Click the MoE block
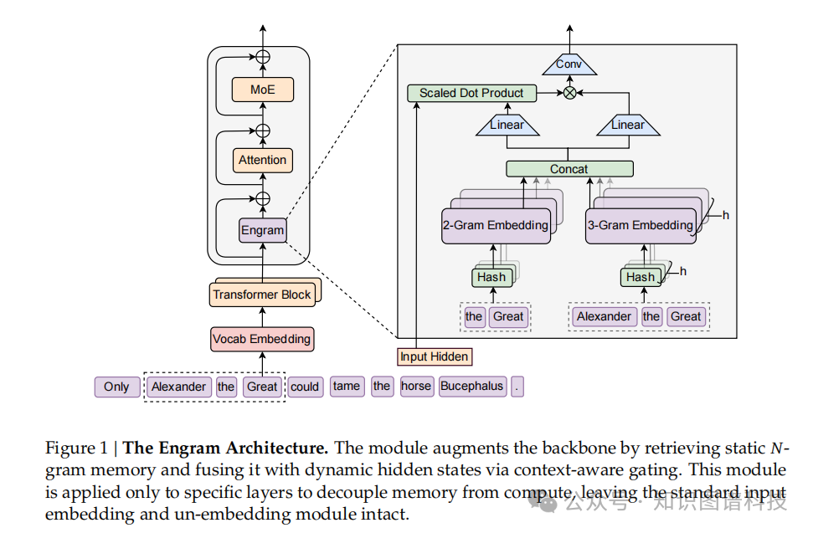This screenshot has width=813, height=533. [x=262, y=90]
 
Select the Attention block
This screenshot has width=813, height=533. [x=262, y=160]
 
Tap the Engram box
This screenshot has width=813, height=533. [x=262, y=230]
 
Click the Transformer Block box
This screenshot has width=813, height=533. [x=261, y=295]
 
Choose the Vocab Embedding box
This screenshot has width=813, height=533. [x=261, y=339]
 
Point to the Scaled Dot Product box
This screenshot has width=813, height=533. [x=471, y=93]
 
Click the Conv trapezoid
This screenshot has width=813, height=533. [x=569, y=64]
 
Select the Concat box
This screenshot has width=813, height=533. [x=569, y=169]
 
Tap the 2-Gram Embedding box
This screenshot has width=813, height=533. [x=495, y=225]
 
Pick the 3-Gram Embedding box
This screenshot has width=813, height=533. [x=640, y=225]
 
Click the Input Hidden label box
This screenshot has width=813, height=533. [x=434, y=356]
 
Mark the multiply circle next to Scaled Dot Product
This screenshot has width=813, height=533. [x=569, y=93]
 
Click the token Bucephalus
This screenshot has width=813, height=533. [x=472, y=387]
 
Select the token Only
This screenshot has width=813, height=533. [x=116, y=387]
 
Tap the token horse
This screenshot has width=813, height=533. [x=416, y=387]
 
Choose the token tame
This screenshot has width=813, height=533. [x=346, y=387]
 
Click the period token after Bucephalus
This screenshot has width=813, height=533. [x=517, y=387]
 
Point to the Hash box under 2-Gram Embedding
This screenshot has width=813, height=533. [x=491, y=277]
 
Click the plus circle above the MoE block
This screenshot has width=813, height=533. [x=263, y=57]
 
